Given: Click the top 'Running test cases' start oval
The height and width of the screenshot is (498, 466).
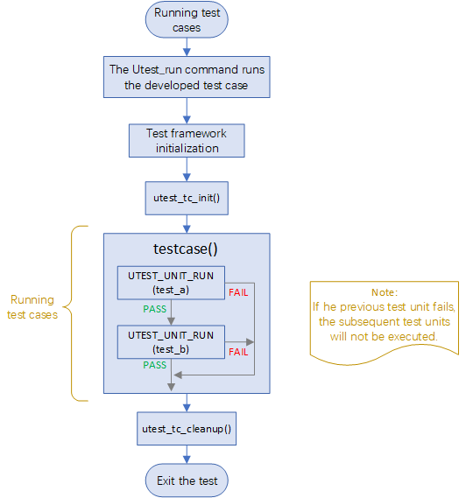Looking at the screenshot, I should [186, 20].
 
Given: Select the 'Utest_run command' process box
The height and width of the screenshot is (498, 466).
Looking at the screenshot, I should [186, 77].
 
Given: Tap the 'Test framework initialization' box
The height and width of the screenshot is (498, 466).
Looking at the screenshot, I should [186, 141].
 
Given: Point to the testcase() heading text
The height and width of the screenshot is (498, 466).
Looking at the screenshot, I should [186, 249].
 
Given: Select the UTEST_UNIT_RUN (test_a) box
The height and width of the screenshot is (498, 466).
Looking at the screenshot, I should [171, 282].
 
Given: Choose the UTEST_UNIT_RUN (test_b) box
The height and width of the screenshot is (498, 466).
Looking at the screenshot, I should [171, 341].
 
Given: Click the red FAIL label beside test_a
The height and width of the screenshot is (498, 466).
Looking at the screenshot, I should [237, 291].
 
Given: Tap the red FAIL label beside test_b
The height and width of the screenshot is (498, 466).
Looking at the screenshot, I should [237, 351].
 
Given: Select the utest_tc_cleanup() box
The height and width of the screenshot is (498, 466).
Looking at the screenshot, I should [186, 430].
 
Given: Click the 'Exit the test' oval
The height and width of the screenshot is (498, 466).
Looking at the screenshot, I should [186, 480].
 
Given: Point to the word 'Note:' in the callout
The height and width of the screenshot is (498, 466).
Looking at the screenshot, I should [384, 292].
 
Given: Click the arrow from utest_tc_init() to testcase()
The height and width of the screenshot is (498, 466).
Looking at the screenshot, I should [186, 224].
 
